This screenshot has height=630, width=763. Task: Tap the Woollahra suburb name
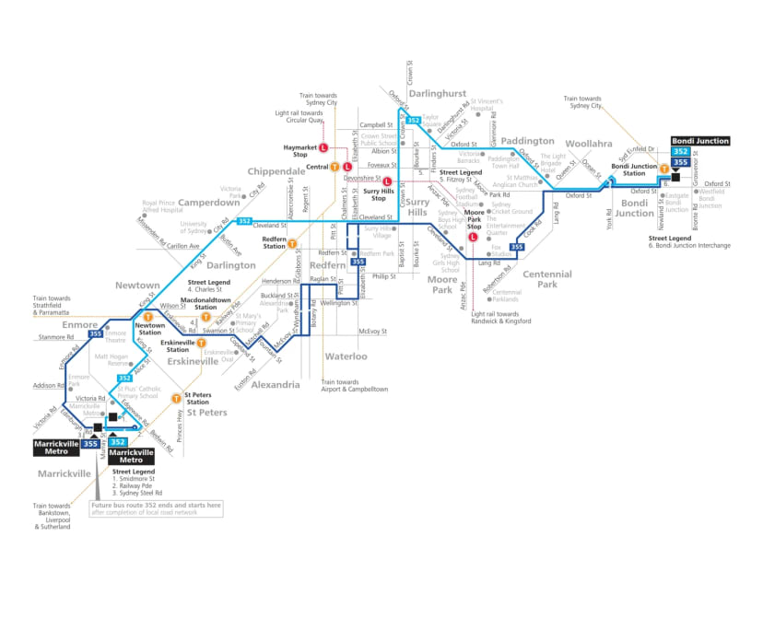pyautogui.click(x=589, y=145)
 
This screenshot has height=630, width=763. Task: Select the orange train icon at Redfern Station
pyautogui.click(x=292, y=245)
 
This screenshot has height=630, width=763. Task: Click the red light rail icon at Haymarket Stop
pyautogui.click(x=323, y=147)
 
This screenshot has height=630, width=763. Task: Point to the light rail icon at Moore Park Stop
pyautogui.click(x=474, y=236)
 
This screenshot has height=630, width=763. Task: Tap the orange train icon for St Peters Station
pyautogui.click(x=176, y=398)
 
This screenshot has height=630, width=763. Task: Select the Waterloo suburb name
pyautogui.click(x=346, y=356)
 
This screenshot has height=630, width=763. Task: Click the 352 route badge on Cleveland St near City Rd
pyautogui.click(x=244, y=221)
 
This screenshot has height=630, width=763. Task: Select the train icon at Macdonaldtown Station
pyautogui.click(x=206, y=317)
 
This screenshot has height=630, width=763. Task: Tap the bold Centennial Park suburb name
pyautogui.click(x=547, y=279)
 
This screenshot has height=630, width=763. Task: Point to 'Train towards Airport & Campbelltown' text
pyautogui.click(x=354, y=386)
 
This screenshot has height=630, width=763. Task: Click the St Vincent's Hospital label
pyautogui.click(x=488, y=104)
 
